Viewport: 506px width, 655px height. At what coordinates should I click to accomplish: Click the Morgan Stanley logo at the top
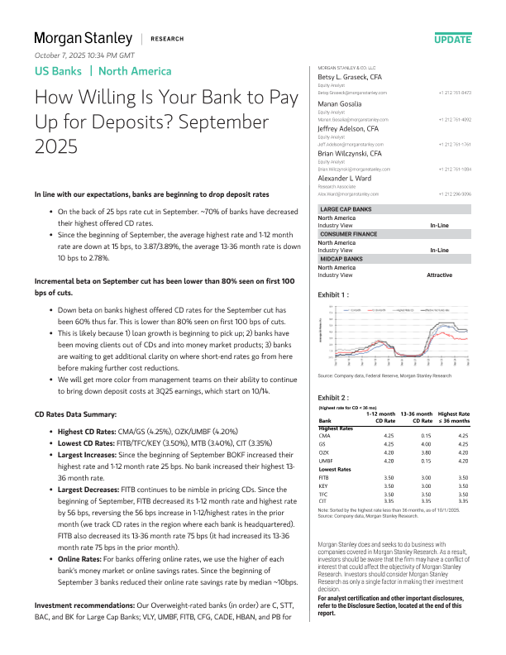point(83,38)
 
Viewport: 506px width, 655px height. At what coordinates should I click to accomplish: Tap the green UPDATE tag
point(453,39)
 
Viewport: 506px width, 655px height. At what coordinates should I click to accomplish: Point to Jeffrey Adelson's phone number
point(455,143)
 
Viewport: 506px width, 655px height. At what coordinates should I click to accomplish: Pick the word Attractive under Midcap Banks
point(439,274)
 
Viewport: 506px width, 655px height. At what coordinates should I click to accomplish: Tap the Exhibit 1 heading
point(333,294)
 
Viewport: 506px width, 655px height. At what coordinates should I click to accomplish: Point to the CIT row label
point(323,500)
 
